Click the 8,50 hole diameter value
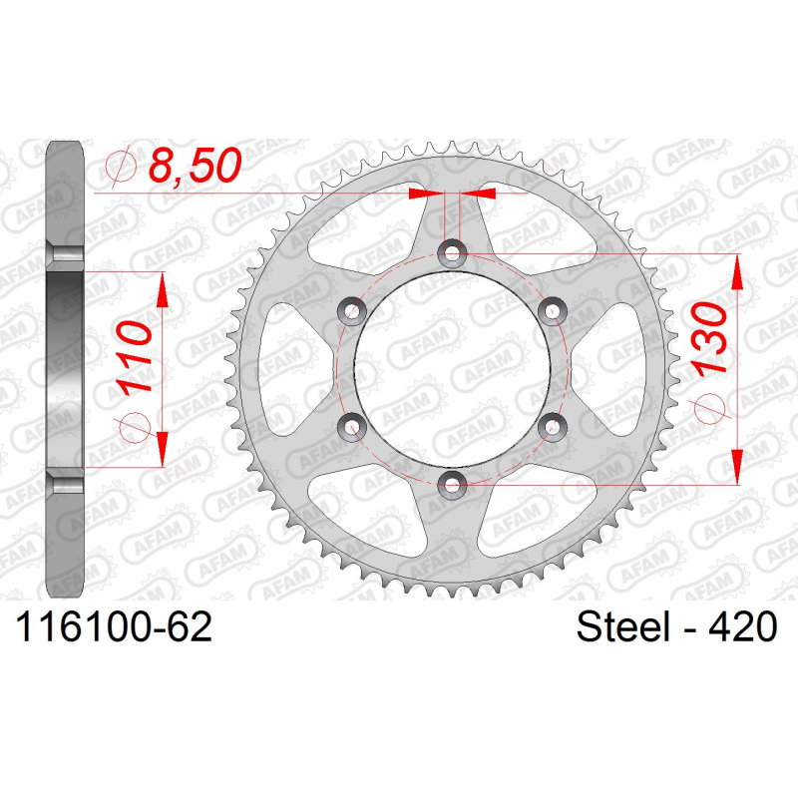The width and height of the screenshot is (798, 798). (x=196, y=166)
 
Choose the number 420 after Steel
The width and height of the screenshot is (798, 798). (x=741, y=628)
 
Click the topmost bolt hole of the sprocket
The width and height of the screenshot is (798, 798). (x=453, y=253)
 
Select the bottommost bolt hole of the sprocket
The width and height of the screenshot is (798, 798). (x=453, y=485)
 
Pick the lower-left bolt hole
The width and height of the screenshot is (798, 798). (x=352, y=427)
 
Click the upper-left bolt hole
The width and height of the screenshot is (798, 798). (x=352, y=311)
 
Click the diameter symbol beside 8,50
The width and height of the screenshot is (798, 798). (x=118, y=166)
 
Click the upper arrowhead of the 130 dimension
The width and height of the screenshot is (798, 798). (x=736, y=271)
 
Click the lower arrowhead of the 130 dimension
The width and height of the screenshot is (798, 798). (x=736, y=467)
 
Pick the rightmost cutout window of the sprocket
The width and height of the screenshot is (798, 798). (x=623, y=369)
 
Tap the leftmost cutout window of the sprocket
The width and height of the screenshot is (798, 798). (x=282, y=369)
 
